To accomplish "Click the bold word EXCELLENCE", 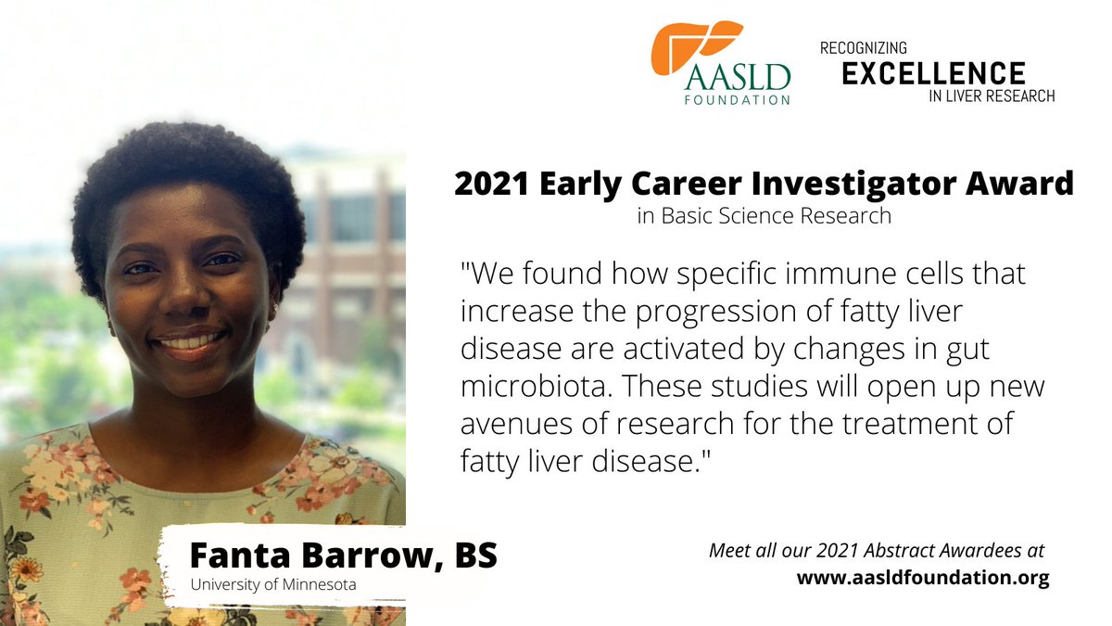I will (933, 73).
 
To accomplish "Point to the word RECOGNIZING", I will (864, 47).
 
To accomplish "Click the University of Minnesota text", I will (273, 584).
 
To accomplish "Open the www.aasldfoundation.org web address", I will (923, 579).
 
